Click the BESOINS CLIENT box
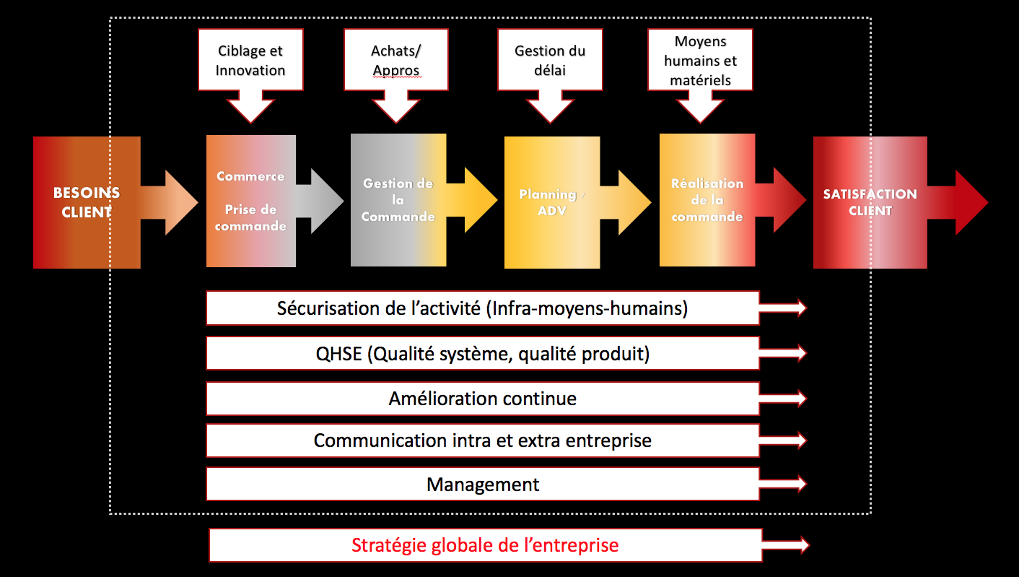point(87,202)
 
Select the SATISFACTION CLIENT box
point(870,202)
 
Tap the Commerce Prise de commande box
point(250,201)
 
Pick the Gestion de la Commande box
point(398,201)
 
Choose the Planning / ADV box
point(552,203)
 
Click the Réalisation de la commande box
point(707,200)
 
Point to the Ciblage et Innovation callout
point(250,61)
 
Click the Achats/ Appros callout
point(395,61)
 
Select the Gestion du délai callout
point(550,61)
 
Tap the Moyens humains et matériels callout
point(700,61)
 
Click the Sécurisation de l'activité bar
point(482,308)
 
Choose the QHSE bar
point(482,353)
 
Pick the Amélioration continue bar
point(482,398)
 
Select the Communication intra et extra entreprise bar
point(482,441)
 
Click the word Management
point(483,485)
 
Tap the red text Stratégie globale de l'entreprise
point(485,545)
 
